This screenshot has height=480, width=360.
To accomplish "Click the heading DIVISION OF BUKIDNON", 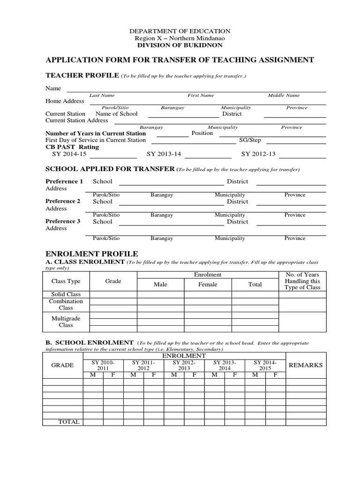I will click(x=180, y=45).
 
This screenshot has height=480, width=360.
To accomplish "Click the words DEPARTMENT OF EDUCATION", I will click(x=180, y=31).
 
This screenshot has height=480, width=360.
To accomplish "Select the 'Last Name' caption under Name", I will click(x=102, y=95).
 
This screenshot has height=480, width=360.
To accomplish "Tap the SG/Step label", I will click(x=250, y=140).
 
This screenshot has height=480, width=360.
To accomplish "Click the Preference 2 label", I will click(x=63, y=202).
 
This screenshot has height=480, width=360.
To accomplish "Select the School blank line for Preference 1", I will click(x=172, y=185).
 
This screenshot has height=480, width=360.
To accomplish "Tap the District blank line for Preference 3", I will click(x=291, y=225).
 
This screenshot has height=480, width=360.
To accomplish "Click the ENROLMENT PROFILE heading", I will click(x=91, y=254).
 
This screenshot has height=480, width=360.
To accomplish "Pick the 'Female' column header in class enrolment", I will click(x=208, y=285).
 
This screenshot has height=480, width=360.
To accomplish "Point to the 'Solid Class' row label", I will click(x=66, y=294).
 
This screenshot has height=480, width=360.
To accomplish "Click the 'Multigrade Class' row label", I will click(x=66, y=322).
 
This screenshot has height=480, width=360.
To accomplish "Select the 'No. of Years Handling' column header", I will click(x=302, y=281).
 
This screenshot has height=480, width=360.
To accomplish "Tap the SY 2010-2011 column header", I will click(x=103, y=366).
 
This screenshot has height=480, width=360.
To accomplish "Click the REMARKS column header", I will click(x=306, y=365).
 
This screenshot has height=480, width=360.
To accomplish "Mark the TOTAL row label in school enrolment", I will click(x=69, y=422).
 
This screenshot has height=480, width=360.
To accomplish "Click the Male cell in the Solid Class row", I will click(x=160, y=294).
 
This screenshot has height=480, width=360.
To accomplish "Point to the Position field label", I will click(x=202, y=133).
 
